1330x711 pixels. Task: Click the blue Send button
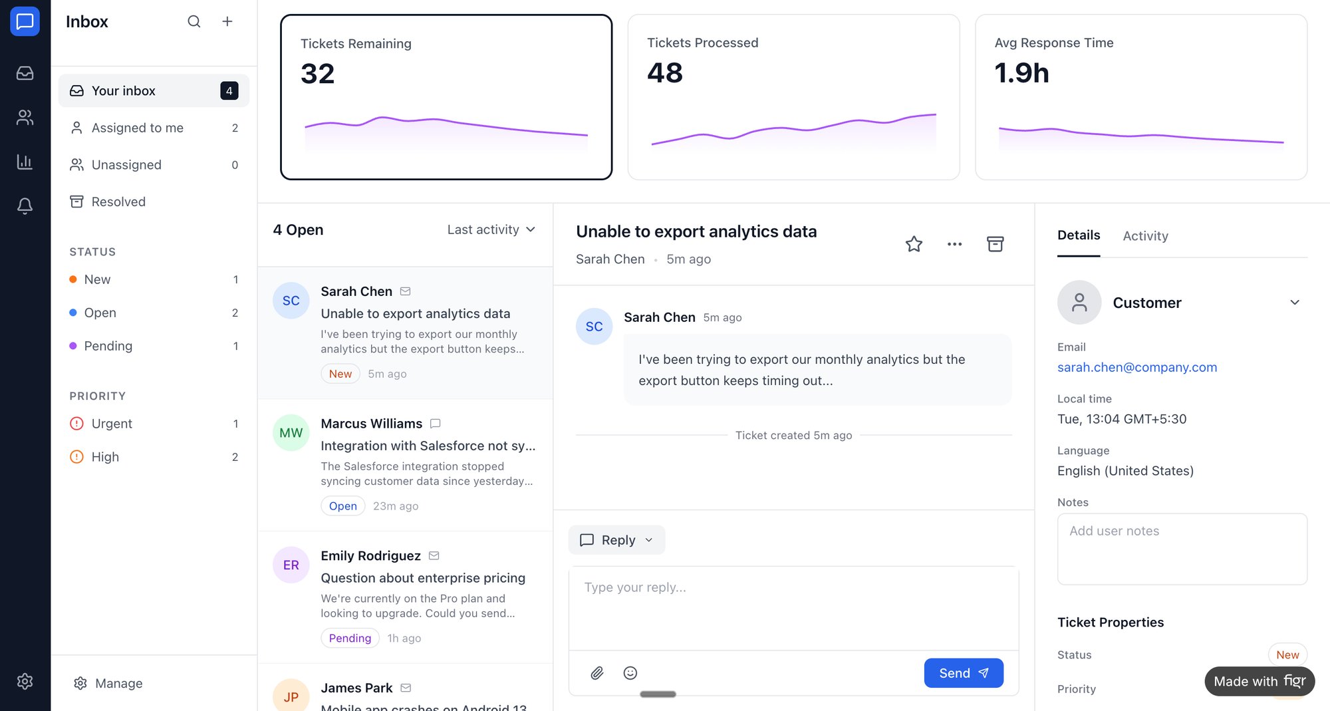(x=963, y=673)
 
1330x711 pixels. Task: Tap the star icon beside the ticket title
(x=914, y=244)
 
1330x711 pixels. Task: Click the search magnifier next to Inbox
(x=194, y=21)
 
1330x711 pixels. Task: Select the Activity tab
(x=1145, y=235)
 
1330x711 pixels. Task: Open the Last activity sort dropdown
(x=491, y=229)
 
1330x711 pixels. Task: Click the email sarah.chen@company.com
(x=1136, y=367)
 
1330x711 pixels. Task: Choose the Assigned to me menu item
(x=137, y=128)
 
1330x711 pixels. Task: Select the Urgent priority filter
(x=111, y=424)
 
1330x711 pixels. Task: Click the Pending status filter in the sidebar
(x=108, y=346)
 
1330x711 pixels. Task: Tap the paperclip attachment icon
(x=597, y=673)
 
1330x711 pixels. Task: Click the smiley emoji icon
(x=630, y=673)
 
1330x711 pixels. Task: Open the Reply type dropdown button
(x=616, y=540)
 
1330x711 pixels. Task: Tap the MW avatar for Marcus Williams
(x=291, y=433)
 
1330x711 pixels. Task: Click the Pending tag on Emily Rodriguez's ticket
(x=350, y=638)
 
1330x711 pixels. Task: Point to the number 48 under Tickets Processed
(x=664, y=72)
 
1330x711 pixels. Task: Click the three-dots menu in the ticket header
(x=954, y=244)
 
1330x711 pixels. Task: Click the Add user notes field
(x=1182, y=549)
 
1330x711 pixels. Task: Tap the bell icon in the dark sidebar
(x=25, y=206)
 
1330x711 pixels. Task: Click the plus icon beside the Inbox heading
(x=227, y=21)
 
